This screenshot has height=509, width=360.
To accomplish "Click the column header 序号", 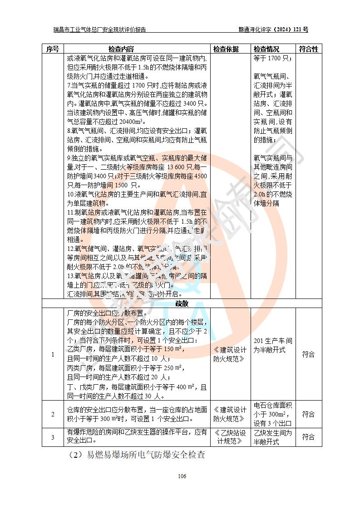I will point(53,49).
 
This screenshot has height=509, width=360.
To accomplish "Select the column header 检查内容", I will point(121,49).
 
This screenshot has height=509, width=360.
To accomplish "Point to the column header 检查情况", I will point(266,49).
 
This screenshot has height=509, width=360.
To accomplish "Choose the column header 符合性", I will point(308,49).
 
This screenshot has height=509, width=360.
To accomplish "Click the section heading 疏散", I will point(182,303).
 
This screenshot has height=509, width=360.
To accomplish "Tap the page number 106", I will point(182,476).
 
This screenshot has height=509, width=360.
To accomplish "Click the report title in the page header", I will point(100,30).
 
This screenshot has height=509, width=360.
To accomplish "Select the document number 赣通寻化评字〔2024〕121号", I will point(273,30).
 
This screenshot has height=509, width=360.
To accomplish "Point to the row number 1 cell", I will point(53,354).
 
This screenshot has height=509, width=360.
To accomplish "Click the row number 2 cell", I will point(53,414).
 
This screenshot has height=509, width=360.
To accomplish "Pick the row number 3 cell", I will point(53,437).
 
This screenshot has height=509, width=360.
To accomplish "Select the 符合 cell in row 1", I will point(308,354).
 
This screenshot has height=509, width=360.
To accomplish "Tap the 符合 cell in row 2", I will point(308,414).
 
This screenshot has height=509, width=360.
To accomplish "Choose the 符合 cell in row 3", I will point(308,437).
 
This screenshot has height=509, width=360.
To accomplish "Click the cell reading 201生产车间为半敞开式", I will point(273,345).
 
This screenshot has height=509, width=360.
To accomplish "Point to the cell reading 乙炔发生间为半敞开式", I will point(273,437).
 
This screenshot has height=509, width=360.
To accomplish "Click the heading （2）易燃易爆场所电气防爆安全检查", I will point(137,455).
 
